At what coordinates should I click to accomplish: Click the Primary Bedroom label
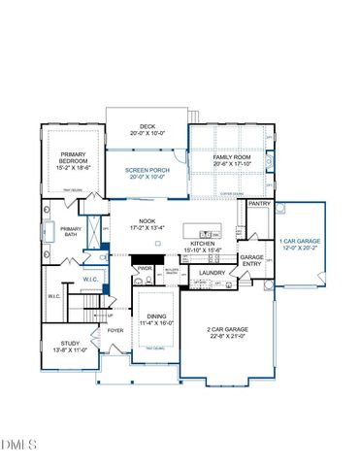point(74,157)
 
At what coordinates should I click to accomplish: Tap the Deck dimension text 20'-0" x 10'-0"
point(148,133)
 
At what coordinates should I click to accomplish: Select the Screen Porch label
point(148,172)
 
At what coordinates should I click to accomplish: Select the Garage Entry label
point(252,260)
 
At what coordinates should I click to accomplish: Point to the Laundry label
point(212,273)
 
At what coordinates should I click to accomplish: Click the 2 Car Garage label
point(229,330)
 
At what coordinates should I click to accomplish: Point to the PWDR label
point(145,269)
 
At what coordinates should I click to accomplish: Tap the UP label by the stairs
point(109,315)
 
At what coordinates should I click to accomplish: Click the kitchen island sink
point(205,233)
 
